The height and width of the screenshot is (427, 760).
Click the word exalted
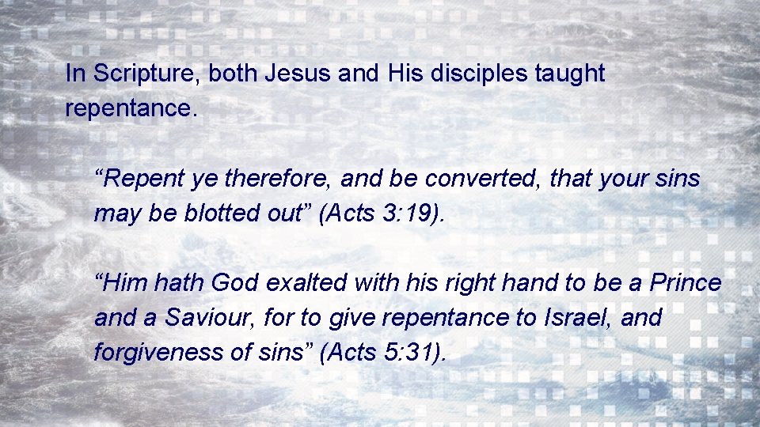306,283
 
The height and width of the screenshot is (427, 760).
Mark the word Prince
686,283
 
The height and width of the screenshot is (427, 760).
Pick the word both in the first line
234,74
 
